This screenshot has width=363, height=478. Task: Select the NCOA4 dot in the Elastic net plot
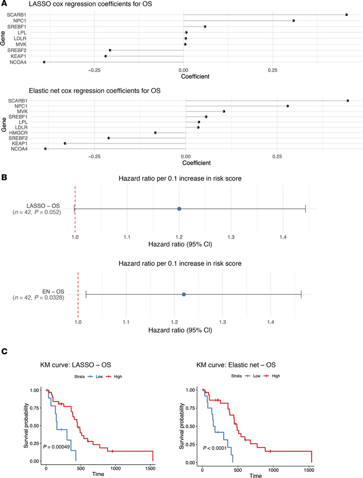coord(46,149)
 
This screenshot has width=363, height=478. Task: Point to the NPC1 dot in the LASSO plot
coord(293,21)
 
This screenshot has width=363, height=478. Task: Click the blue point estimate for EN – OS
coord(184,294)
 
